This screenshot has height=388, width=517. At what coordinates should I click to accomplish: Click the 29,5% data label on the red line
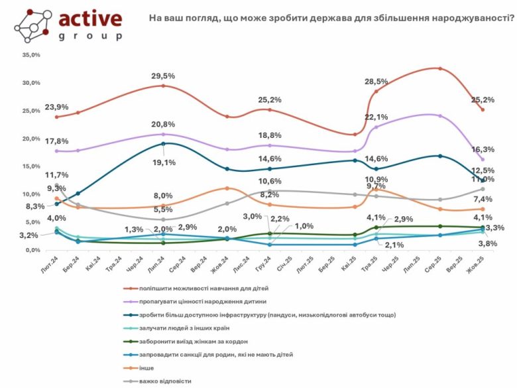164,76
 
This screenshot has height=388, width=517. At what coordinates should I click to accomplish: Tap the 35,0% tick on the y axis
31,56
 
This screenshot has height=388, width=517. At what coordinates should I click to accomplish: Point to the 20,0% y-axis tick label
31,139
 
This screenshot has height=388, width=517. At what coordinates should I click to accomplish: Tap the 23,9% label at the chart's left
57,107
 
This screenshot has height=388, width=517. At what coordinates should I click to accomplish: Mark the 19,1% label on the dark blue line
164,162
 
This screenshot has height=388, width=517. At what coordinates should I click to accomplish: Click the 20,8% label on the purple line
164,125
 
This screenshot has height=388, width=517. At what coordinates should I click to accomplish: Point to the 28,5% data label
376,82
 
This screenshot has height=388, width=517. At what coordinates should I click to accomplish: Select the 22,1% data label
376,117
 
